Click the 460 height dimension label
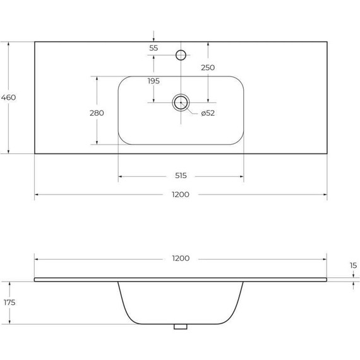[x=8, y=97]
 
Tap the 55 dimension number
[x=153, y=48]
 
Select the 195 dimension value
[x=153, y=81]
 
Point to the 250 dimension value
[x=208, y=68]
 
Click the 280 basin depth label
[x=97, y=113]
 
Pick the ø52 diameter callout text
[x=208, y=113]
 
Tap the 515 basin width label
[x=181, y=176]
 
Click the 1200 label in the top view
[x=181, y=195]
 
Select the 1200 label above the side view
[x=181, y=258]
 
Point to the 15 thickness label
[x=353, y=266]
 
